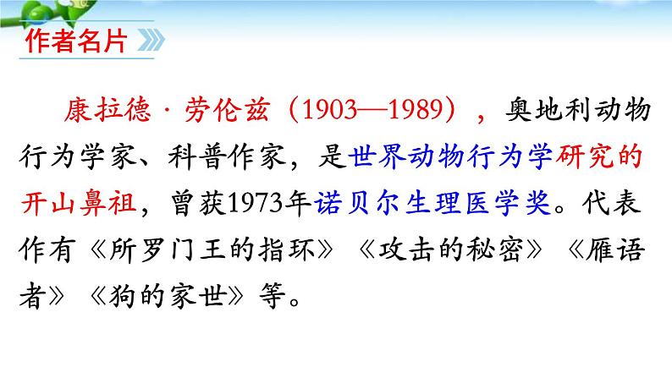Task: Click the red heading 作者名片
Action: click(76, 41)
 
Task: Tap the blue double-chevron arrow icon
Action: click(151, 41)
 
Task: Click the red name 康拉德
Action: click(108, 110)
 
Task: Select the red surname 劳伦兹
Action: click(228, 110)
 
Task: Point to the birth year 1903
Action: click(329, 110)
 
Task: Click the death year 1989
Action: click(416, 110)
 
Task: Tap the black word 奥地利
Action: click(548, 110)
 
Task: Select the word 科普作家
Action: click(227, 156)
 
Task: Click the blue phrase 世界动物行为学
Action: click(450, 156)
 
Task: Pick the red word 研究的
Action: click(598, 156)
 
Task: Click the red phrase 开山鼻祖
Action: click(79, 202)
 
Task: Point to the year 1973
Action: click(256, 203)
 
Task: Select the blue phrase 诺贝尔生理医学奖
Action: click(432, 202)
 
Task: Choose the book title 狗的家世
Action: click(168, 296)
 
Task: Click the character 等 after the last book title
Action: click(273, 296)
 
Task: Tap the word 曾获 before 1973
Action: click(198, 202)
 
